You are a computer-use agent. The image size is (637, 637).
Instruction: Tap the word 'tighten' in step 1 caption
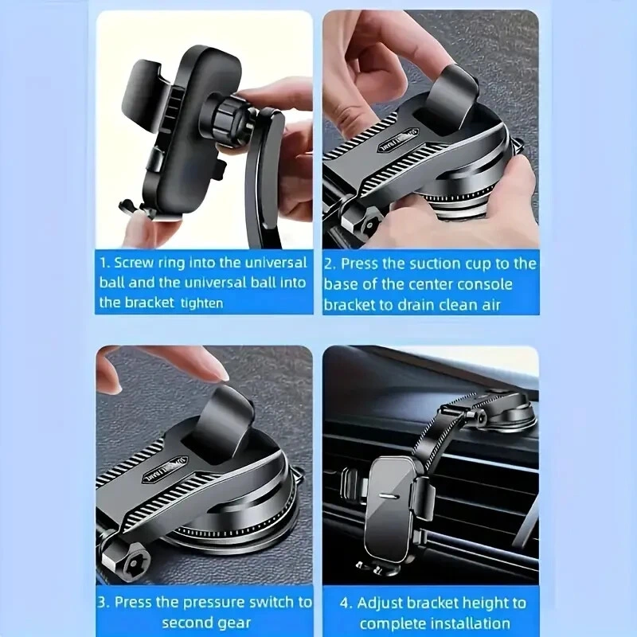[202, 303]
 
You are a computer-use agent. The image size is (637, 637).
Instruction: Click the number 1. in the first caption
[105, 263]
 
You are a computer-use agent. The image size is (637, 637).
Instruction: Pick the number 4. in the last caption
[346, 604]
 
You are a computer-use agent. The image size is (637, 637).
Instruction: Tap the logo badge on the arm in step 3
[165, 470]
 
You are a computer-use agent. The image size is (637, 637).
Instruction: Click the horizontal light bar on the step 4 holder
[389, 496]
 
